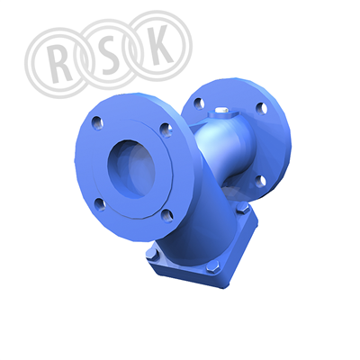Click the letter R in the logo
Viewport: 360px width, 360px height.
59,64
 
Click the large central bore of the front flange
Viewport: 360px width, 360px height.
131,168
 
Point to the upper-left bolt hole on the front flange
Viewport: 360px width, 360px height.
97,122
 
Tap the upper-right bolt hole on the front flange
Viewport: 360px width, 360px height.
166,130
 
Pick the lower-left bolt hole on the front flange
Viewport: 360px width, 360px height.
100,204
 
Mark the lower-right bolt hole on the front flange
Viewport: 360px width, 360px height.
167,215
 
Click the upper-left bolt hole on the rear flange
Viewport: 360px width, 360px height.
199,103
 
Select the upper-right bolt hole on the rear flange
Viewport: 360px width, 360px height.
262,108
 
